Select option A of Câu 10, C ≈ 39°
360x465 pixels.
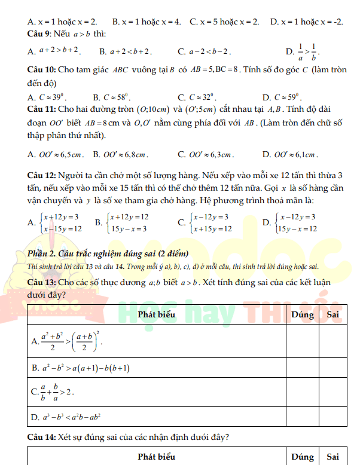click(x=48, y=97)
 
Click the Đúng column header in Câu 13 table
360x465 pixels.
click(x=302, y=314)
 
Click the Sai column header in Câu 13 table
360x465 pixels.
click(x=333, y=314)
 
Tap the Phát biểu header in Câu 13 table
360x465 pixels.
click(x=157, y=314)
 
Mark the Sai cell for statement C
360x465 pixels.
click(x=333, y=392)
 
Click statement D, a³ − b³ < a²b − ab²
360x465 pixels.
click(x=66, y=416)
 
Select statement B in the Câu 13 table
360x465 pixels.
click(x=81, y=368)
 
